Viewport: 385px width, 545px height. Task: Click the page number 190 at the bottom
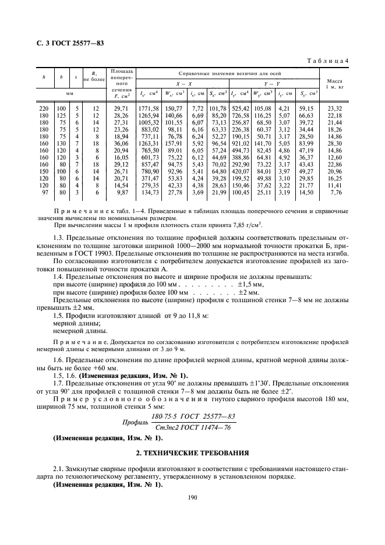pos(192,497)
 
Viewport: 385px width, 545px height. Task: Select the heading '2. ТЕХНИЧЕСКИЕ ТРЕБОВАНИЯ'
pos(192,452)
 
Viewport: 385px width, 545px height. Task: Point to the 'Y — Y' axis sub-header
pos(273,83)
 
